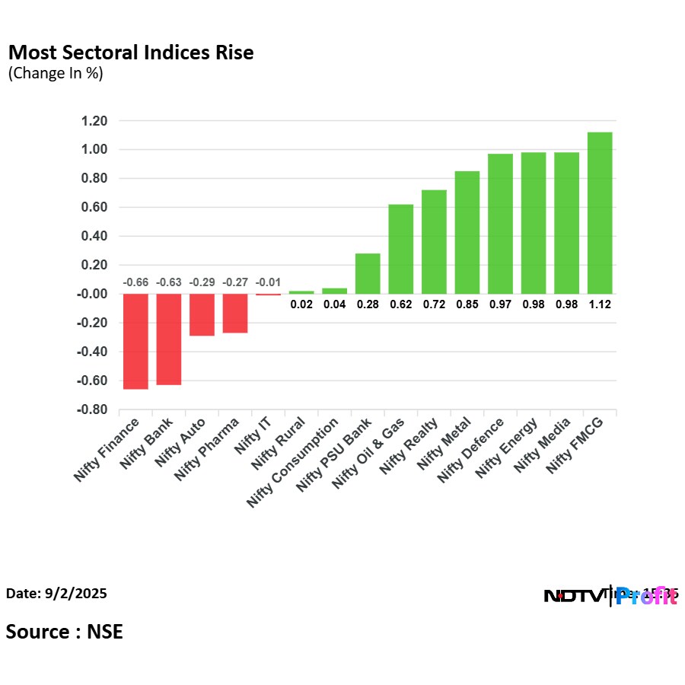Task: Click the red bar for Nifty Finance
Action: click(135, 341)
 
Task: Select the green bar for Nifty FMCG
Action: click(600, 213)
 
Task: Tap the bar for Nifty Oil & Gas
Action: click(401, 249)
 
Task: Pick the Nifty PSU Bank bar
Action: click(368, 273)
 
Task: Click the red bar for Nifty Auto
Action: click(202, 314)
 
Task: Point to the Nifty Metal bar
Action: click(467, 232)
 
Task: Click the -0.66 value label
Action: click(135, 283)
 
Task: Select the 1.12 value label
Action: click(600, 304)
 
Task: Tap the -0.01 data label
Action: click(268, 283)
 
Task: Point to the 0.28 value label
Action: click(368, 304)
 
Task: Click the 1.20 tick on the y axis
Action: click(94, 121)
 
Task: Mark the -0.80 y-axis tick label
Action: click(92, 409)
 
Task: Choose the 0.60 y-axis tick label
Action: click(94, 208)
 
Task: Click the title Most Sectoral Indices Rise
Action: click(130, 53)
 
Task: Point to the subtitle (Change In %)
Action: click(55, 74)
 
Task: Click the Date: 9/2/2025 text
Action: click(56, 593)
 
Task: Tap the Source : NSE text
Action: click(65, 631)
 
